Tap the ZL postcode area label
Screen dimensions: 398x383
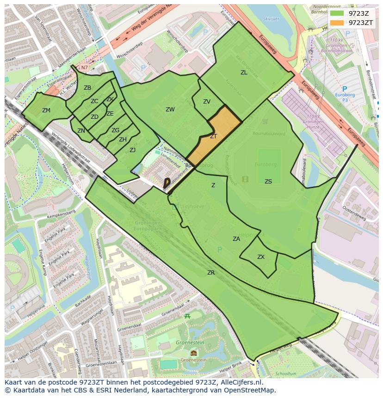[244, 73]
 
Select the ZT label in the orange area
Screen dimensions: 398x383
[213, 136]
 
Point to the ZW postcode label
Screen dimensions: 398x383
[170, 110]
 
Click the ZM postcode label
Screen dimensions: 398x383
[46, 110]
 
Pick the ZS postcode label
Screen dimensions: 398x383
[268, 182]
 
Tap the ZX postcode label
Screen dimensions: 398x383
[261, 257]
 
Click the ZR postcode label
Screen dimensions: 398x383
[211, 273]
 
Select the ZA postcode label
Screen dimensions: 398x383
[236, 239]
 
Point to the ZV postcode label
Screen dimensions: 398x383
[207, 102]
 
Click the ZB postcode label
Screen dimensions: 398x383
[87, 88]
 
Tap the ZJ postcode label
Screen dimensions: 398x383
[132, 150]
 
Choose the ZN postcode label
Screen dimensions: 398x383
[81, 131]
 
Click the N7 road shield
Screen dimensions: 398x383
[84, 67]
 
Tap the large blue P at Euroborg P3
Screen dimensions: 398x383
[344, 89]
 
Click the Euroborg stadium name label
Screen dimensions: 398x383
[265, 164]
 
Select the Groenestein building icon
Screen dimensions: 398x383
[193, 353]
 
